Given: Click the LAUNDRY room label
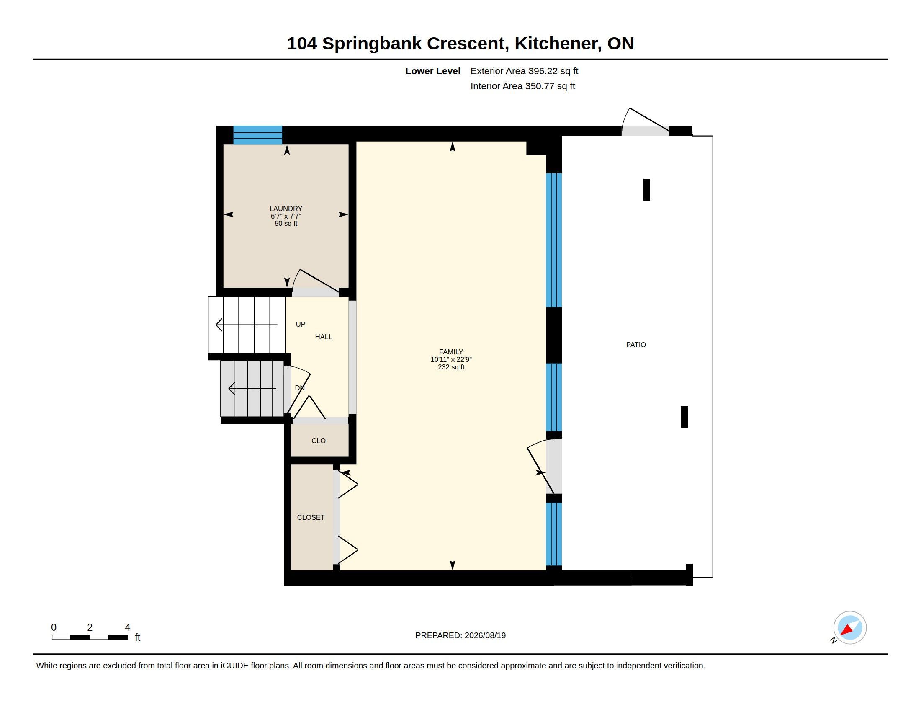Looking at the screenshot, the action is point(286,209).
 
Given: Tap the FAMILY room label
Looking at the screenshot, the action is point(451,352).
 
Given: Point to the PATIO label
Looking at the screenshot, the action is point(636,345).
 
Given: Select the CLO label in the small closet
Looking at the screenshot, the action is point(319,440).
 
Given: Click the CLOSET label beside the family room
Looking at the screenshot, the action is point(311,517).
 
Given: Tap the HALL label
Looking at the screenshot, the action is point(324,337).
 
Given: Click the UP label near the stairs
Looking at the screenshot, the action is point(301,324).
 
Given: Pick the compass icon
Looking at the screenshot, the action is point(849,628).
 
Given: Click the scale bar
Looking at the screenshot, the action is point(90,637).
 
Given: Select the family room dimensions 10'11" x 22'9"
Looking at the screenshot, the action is point(451,359).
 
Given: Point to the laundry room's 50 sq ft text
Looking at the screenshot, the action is point(286,224).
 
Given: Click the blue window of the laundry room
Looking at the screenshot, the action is point(257,135).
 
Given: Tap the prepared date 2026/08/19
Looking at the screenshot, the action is point(485,635).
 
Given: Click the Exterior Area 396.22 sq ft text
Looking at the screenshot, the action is point(524,71).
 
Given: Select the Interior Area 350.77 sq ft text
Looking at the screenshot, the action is point(522,86).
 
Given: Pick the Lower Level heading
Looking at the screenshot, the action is point(433,71).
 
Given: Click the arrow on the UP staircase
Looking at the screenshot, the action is point(246,325).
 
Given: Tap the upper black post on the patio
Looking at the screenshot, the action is point(646,190).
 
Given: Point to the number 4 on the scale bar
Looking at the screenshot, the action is point(127,627).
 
